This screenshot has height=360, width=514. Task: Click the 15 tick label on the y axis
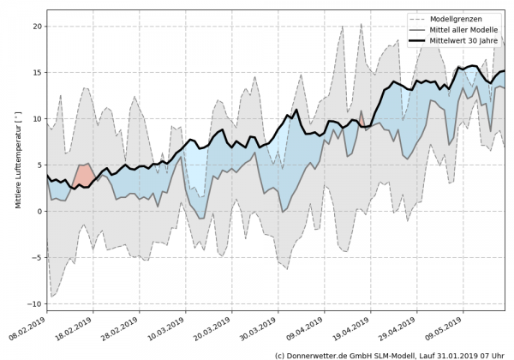[x=36, y=72]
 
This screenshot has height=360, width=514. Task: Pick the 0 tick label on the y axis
[x=39, y=211]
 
